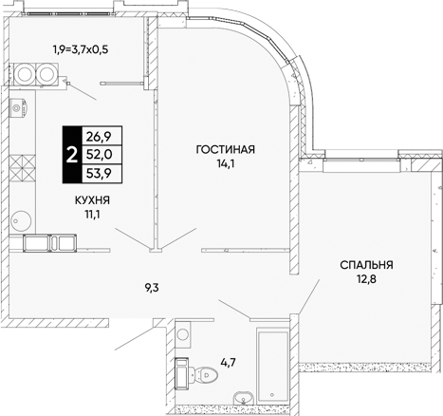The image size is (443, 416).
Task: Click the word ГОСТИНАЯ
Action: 225,149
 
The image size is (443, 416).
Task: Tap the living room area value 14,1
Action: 225,164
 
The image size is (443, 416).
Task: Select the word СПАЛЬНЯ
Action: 366,265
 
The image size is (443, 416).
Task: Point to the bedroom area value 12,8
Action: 367,279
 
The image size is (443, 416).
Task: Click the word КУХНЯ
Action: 92,200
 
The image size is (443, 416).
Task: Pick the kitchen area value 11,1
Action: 92,215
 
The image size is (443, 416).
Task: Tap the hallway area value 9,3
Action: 152,288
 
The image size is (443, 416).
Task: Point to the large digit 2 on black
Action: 72,155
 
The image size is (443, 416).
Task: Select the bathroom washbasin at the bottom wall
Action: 244,398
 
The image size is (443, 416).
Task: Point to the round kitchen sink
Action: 21,219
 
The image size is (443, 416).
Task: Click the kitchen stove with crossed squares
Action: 22,171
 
